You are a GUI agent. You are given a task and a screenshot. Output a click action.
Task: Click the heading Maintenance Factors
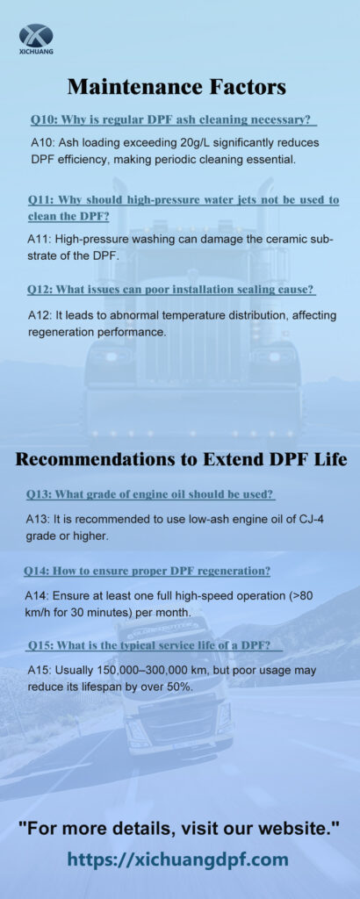tap(176, 87)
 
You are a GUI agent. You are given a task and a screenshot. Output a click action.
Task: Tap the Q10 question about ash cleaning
tap(174, 119)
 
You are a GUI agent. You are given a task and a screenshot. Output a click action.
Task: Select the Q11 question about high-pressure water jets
tap(184, 208)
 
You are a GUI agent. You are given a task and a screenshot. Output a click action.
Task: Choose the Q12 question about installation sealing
tap(171, 290)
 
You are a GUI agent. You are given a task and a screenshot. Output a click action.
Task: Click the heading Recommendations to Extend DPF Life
tap(181, 460)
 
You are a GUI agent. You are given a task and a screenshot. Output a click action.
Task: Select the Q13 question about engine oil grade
tap(150, 494)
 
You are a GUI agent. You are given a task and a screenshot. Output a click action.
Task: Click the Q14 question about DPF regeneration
tap(148, 572)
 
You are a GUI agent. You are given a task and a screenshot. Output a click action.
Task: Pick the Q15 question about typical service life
tap(156, 646)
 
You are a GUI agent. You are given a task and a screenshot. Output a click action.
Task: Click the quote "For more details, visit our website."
tap(179, 828)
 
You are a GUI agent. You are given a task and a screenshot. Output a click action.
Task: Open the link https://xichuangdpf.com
tap(177, 859)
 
